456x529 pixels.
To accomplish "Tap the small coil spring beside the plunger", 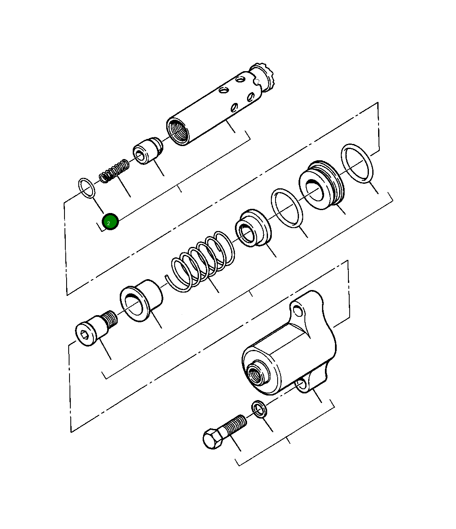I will point(114,170).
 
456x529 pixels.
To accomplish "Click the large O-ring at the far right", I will point(358,163).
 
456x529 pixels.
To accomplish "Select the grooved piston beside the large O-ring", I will point(321,185).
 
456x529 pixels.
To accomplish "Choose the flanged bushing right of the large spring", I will point(253,228).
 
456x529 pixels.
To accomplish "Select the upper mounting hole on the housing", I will point(298,311).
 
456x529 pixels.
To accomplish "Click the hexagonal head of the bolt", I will point(213,439).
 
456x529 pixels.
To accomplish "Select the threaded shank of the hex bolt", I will point(234,425).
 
